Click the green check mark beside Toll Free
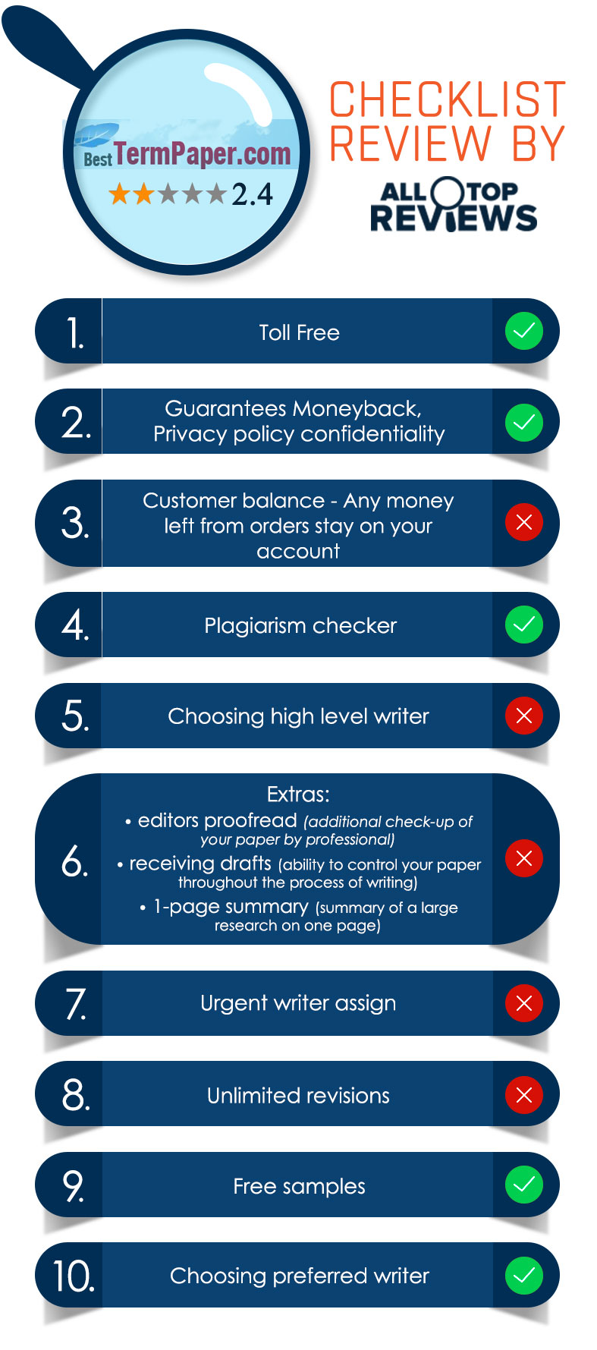(523, 332)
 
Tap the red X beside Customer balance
(523, 522)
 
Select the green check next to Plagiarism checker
(523, 625)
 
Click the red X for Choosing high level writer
(523, 716)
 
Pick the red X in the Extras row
(523, 858)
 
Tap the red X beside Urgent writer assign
(523, 1003)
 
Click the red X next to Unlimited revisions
(523, 1094)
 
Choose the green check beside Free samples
(523, 1185)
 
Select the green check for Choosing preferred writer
(523, 1276)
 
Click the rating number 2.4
(252, 194)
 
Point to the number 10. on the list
(74, 1276)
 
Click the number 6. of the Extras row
(74, 861)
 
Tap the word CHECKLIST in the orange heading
(448, 99)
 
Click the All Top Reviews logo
(453, 205)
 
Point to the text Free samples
(299, 1186)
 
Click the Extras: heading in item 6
(298, 795)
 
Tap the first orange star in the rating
(120, 194)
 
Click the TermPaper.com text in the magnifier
(203, 154)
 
